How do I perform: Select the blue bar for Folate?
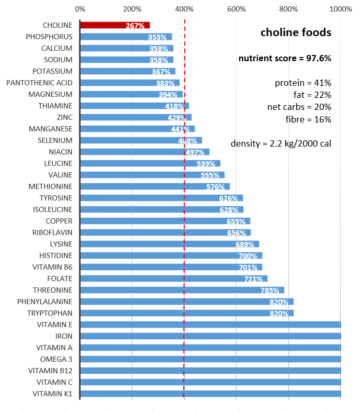pos(173,279)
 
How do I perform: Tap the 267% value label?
pos(135,26)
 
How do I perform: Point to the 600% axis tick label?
pos(237,9)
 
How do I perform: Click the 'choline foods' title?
pos(296,32)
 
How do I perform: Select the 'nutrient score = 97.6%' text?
pos(285,58)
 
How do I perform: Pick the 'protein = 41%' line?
pos(303,83)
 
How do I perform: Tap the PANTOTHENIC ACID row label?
pos(39,83)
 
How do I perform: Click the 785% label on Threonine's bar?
pos(269,291)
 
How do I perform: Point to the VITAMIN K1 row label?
pos(52,394)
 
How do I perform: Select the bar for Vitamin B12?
pos(209,371)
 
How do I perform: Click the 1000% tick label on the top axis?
pos(341,9)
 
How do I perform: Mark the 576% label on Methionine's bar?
pos(215,187)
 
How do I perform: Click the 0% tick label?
pos(80,9)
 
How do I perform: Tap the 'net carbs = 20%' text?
pos(299,107)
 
